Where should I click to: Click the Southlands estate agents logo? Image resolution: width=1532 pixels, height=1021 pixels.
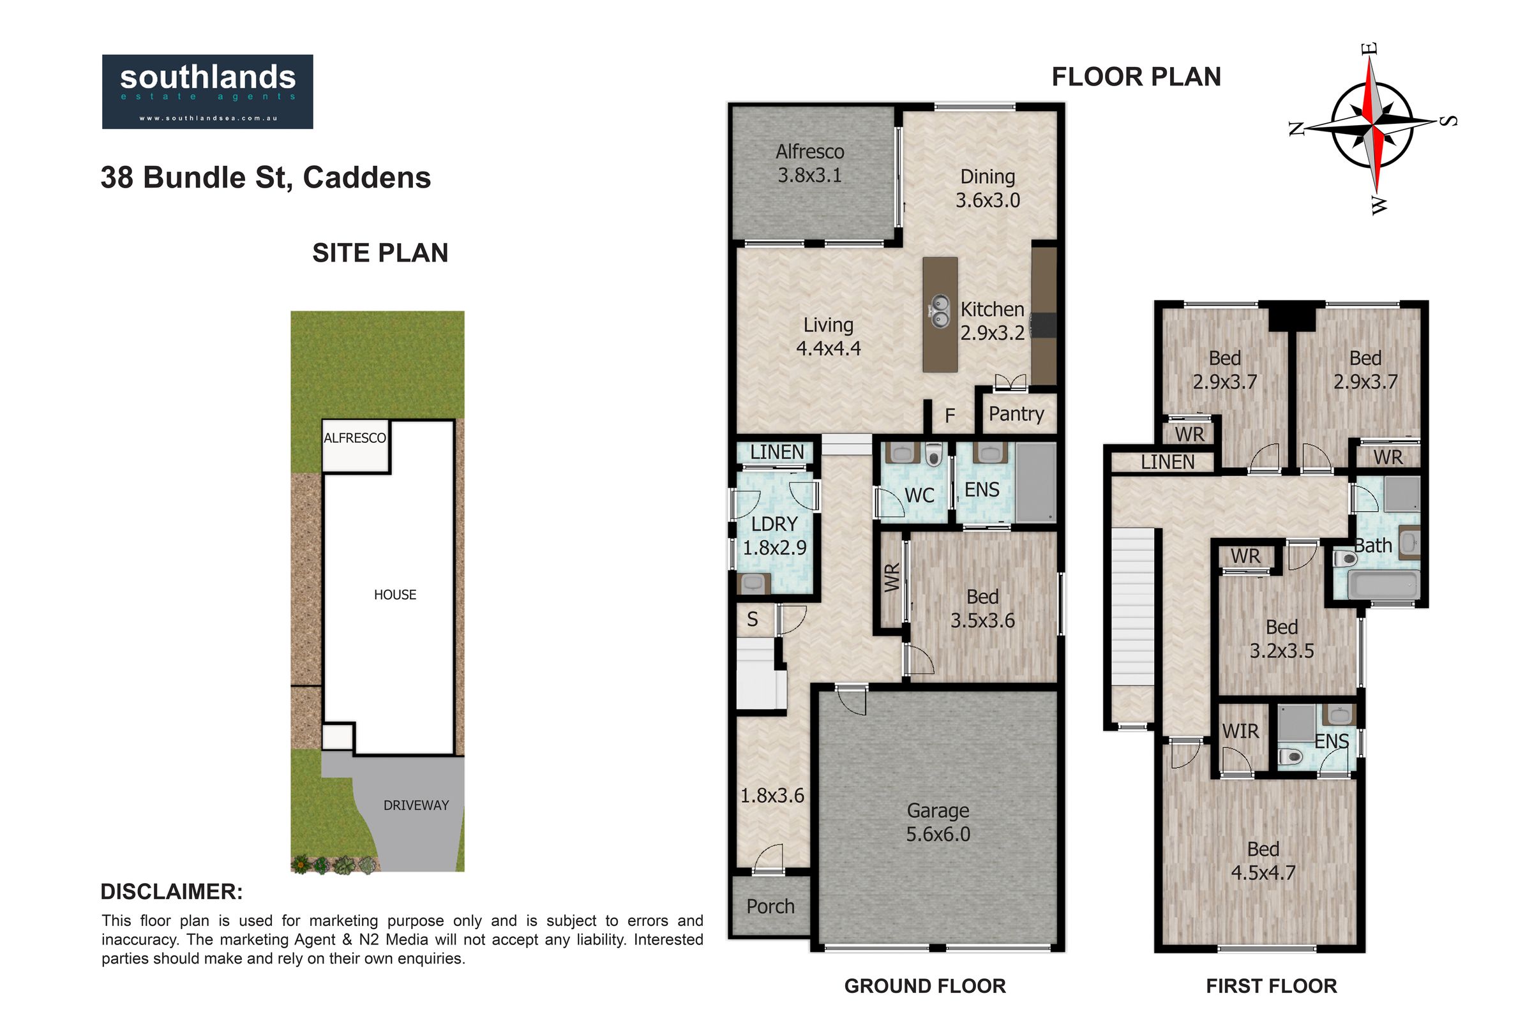(x=207, y=92)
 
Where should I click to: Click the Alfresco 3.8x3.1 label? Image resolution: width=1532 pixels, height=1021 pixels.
(x=809, y=163)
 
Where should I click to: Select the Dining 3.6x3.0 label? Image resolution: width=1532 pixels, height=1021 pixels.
(x=988, y=188)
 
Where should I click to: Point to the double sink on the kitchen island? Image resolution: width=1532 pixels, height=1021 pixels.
(x=939, y=311)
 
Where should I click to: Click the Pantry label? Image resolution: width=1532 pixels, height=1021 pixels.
(x=1016, y=414)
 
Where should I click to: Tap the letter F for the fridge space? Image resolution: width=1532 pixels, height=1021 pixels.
(x=950, y=415)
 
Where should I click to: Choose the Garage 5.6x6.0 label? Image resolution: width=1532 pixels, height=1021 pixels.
(x=938, y=823)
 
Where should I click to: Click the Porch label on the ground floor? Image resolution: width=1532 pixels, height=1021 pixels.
(x=770, y=906)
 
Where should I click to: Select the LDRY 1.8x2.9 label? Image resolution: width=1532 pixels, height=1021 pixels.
(x=774, y=536)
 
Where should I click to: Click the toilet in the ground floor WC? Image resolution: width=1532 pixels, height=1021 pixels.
(x=933, y=454)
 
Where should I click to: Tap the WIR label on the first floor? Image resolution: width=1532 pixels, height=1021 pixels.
(x=1240, y=731)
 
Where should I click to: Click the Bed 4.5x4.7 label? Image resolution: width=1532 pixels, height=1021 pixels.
(x=1263, y=861)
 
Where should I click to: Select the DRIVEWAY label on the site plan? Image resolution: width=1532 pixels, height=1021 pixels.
(x=416, y=805)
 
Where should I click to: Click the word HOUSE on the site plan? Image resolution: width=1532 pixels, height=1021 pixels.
(x=394, y=595)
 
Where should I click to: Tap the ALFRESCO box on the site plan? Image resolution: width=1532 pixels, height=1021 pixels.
(x=356, y=446)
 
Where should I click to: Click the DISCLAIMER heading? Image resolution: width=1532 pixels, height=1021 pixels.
(x=172, y=891)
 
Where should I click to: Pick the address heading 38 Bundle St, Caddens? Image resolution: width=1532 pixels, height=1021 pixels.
(x=266, y=178)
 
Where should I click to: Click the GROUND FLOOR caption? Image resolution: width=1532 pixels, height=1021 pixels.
(x=925, y=986)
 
